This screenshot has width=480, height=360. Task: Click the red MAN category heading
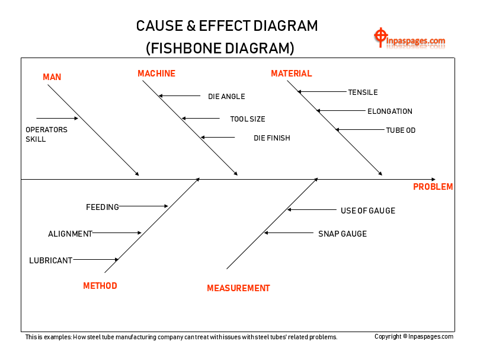[x=52, y=77]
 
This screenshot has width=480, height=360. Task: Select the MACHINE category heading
[x=156, y=74]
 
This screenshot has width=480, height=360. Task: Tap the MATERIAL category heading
[x=291, y=74]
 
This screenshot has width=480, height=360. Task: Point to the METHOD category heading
[x=100, y=286]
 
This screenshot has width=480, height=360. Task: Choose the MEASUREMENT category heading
[x=238, y=288]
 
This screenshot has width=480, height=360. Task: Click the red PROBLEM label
[x=433, y=187]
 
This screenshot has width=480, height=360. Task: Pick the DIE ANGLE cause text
[x=226, y=97]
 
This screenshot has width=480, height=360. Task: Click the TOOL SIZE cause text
[x=248, y=119]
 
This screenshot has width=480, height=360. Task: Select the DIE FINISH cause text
[x=272, y=138]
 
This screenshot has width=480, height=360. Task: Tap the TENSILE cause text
[x=363, y=93]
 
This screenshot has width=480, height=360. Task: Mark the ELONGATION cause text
[x=390, y=111]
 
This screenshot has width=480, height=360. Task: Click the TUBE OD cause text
[x=401, y=130]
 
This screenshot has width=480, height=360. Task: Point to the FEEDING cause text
[x=103, y=207]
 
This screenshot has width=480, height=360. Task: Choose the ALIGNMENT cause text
[x=70, y=234]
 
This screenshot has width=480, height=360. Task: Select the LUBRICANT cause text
[x=50, y=260]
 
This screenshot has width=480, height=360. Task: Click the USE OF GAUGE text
[x=367, y=211]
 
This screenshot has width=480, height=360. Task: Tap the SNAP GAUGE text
[x=343, y=234]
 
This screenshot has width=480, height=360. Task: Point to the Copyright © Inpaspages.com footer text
[x=414, y=337]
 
